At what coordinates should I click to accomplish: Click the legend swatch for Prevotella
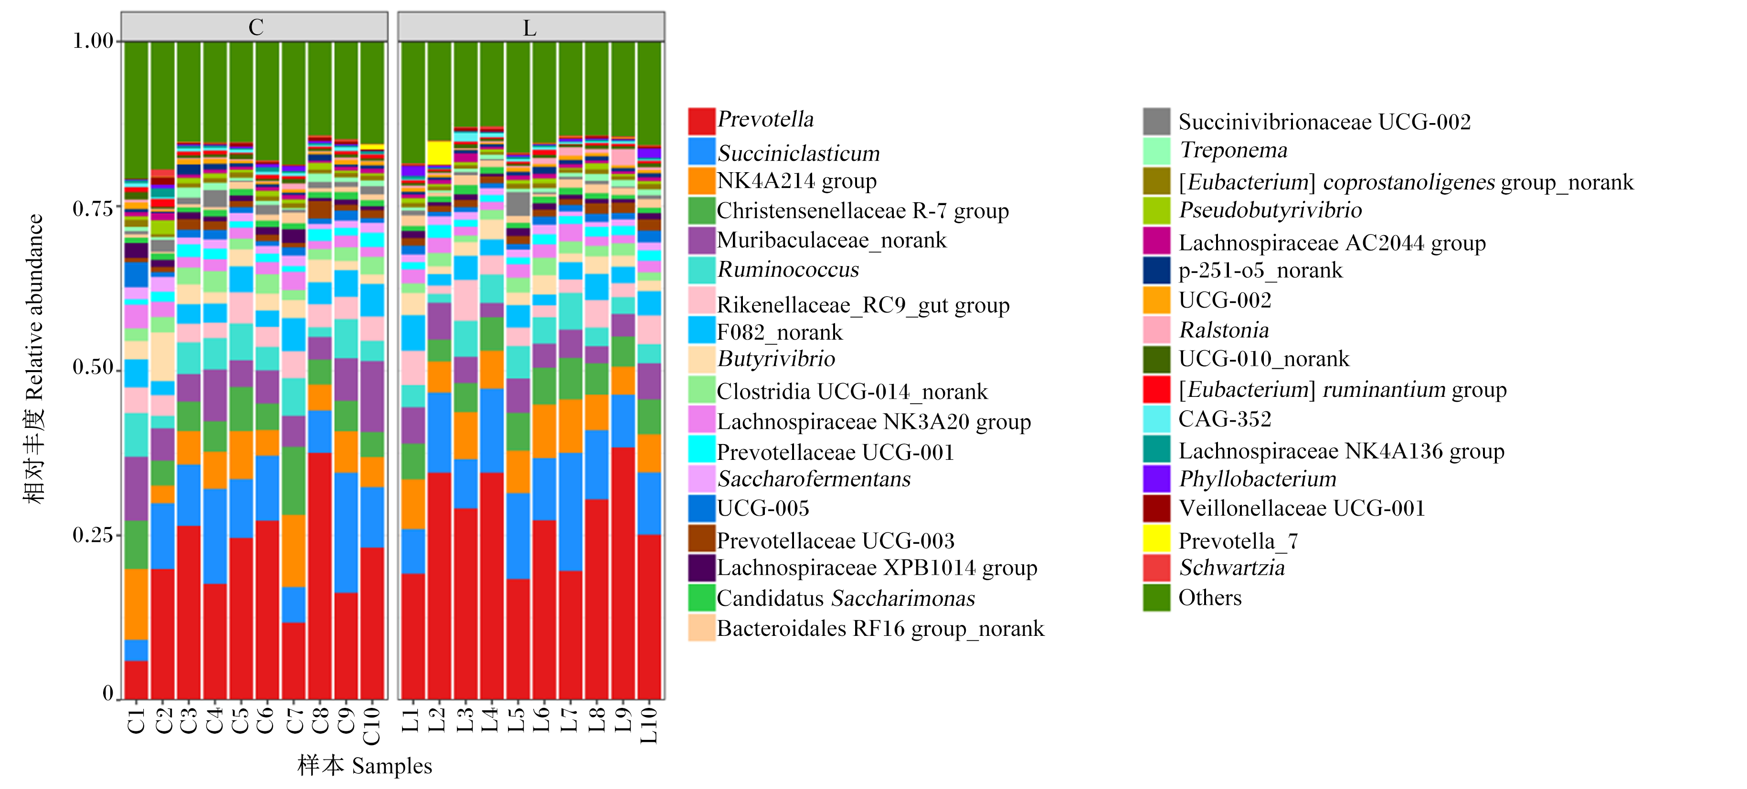(x=701, y=121)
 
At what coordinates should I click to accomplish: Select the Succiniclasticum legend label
(x=798, y=153)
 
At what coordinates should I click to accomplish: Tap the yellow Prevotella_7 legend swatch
(x=1156, y=538)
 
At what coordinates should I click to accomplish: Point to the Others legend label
(x=1210, y=597)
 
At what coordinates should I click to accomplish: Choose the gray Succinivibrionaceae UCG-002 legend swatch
(x=1156, y=121)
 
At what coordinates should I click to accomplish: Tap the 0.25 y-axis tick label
(x=93, y=535)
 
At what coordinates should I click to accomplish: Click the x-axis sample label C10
(x=371, y=725)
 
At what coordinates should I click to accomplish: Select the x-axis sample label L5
(x=516, y=720)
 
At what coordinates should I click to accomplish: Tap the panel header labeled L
(x=530, y=27)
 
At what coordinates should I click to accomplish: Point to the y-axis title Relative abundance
(x=34, y=307)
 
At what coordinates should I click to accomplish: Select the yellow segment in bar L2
(x=439, y=153)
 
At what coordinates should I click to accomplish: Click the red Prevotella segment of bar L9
(x=623, y=573)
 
